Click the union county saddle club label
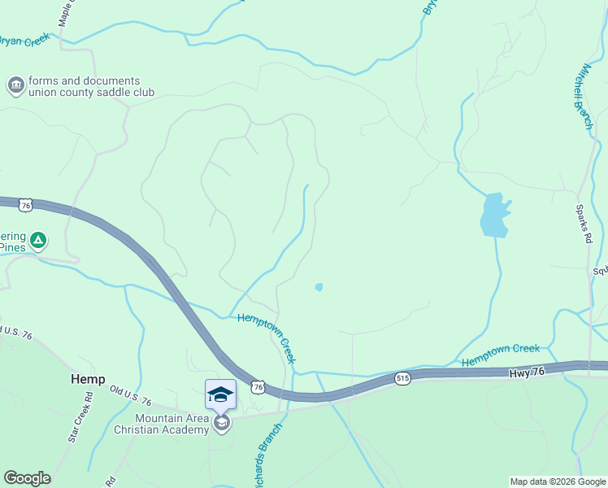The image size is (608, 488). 84,87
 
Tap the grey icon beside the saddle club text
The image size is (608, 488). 15,85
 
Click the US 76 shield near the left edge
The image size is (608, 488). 26,206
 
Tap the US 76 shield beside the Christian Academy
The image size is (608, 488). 258,388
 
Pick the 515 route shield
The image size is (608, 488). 403,378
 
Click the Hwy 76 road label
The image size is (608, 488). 525,373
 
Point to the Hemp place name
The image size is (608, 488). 87,380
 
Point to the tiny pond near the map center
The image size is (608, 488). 319,287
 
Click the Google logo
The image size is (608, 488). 27,478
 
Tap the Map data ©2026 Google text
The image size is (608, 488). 558,481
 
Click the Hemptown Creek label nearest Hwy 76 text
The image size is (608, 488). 501,355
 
